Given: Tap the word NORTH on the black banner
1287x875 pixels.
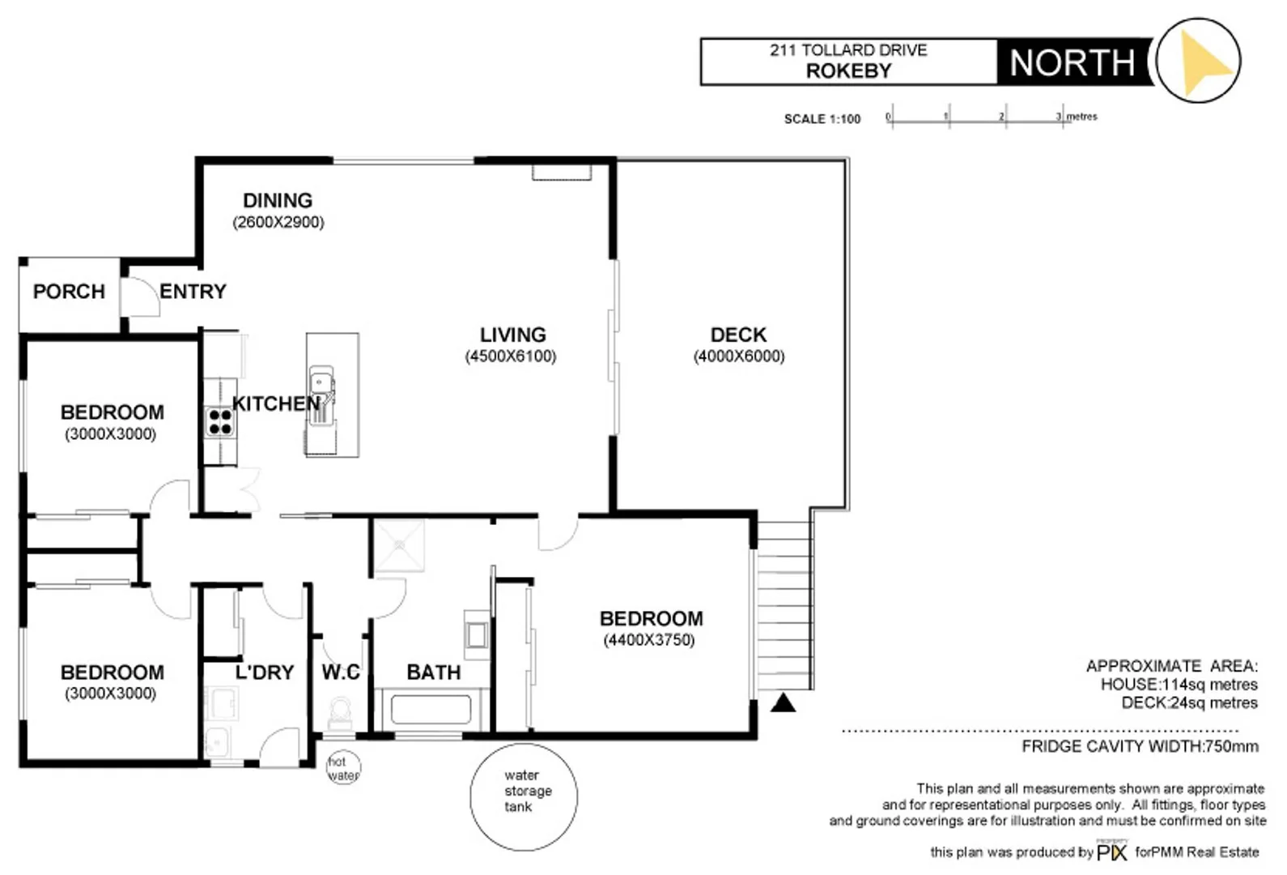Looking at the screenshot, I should coord(1072,63).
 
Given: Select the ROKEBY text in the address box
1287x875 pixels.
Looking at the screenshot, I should coord(848,71).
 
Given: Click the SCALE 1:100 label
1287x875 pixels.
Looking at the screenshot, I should coord(822,119).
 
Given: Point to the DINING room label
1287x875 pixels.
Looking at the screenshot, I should coord(278,200).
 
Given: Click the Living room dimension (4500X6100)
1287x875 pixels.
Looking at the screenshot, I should coord(510,356).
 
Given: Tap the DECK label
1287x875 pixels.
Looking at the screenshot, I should coord(738,335).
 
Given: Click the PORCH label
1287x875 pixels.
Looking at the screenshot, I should coord(69,292).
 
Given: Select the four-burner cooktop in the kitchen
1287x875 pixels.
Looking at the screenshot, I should coord(219,422).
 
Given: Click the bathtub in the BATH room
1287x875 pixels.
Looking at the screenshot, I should coord(431,711).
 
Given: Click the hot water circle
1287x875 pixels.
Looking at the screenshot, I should coord(343,768).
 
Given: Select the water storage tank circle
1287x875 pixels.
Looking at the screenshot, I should coord(524,796).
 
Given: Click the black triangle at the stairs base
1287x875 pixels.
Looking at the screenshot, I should coord(783,702).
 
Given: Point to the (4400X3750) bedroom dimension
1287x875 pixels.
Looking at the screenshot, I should coord(648,640).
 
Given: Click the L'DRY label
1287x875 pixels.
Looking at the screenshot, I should coord(264,672).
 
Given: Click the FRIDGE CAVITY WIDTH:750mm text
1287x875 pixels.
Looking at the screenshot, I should coord(1140,746).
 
